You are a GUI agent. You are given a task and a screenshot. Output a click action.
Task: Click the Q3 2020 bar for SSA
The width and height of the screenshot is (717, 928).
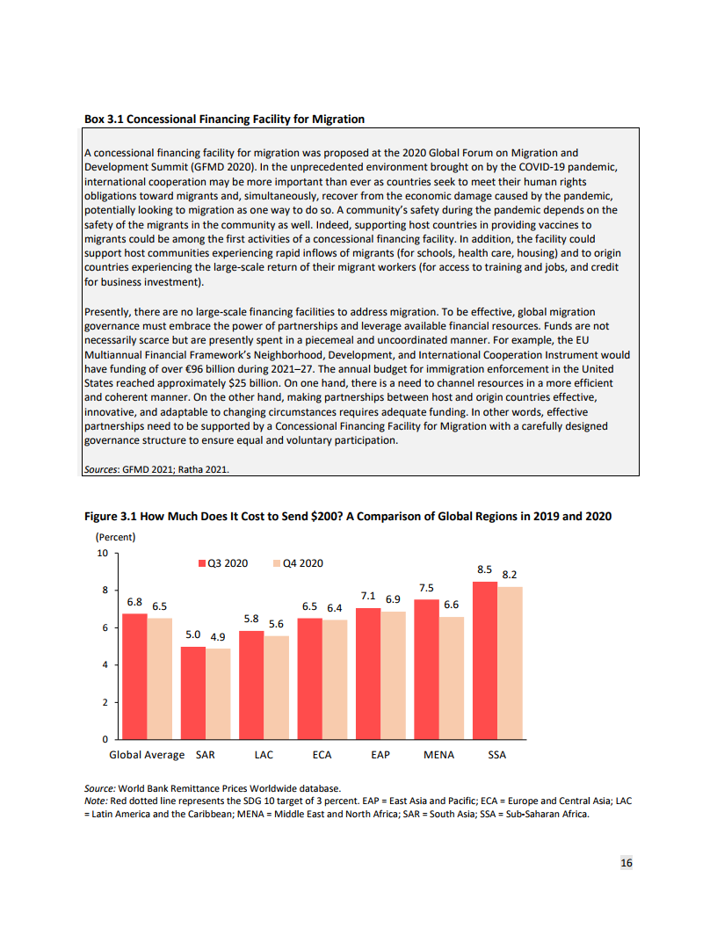484,660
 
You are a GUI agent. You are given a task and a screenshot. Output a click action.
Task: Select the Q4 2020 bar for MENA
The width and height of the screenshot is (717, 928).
451,678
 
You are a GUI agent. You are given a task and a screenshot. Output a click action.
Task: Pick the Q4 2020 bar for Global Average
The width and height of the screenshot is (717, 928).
159,678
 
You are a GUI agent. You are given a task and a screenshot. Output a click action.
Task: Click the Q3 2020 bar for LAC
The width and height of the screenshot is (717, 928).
251,685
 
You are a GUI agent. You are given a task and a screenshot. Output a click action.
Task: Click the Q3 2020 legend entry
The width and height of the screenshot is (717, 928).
222,562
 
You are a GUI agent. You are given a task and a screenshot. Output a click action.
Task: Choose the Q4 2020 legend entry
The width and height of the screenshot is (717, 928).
298,562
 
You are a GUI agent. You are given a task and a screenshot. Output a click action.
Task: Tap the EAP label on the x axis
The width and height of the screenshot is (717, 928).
380,755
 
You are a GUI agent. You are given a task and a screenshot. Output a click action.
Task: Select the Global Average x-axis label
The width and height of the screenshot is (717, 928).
147,755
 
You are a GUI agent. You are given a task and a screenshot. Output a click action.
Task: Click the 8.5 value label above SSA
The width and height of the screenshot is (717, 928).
484,569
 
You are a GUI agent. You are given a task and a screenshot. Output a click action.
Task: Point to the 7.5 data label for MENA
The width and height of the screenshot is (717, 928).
426,588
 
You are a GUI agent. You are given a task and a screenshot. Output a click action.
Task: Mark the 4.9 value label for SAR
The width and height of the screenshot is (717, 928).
218,636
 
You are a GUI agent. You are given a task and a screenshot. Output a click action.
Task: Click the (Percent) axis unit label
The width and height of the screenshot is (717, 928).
115,536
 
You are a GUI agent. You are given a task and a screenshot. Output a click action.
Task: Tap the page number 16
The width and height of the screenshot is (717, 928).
626,863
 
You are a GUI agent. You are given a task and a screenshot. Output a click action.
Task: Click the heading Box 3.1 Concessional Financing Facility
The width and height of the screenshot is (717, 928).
224,119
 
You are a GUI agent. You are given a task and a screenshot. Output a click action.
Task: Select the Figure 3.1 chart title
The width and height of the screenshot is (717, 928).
347,516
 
